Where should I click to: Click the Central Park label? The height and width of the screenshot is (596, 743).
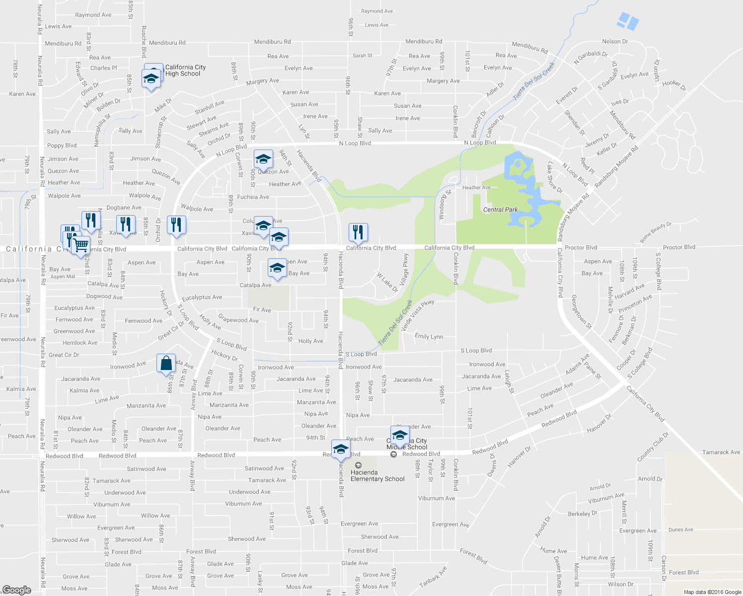point(500,210)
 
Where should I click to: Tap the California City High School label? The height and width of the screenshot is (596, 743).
point(185,71)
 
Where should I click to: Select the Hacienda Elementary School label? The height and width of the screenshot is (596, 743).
point(377,476)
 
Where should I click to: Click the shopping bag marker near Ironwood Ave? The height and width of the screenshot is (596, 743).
point(166,364)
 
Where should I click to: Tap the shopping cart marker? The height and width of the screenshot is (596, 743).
point(80,245)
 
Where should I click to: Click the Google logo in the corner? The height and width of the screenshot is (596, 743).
point(16,590)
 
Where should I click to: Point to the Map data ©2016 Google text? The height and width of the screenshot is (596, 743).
point(712,592)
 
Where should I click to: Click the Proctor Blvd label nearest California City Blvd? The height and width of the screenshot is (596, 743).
point(581,247)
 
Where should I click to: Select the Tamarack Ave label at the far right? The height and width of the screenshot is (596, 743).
point(721,452)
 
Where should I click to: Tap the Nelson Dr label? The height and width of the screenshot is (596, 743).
point(614,42)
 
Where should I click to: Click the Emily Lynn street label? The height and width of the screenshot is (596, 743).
point(429,337)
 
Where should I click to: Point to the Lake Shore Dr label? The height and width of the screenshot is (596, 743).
point(554,177)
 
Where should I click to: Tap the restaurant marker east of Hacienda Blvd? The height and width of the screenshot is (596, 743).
point(358,232)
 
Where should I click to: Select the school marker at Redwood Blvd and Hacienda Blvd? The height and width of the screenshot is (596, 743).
point(341,449)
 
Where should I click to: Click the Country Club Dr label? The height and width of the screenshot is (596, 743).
point(653,446)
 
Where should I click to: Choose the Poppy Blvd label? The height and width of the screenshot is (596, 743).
point(62,146)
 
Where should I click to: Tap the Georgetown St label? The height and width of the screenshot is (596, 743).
point(581,312)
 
